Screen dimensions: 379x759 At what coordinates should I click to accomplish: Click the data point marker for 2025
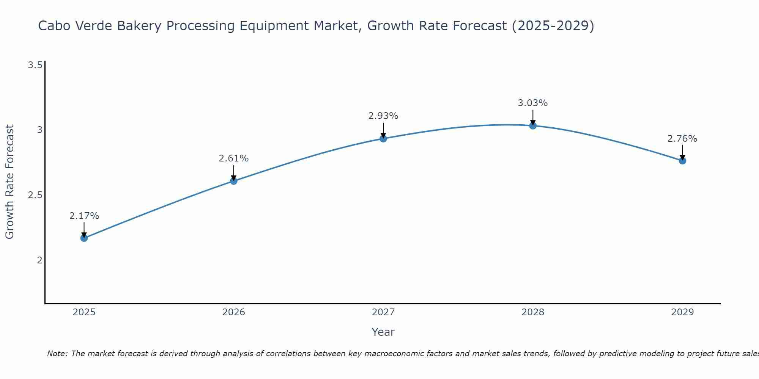pyautogui.click(x=84, y=238)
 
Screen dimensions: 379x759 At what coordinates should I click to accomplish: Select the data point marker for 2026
pyautogui.click(x=234, y=181)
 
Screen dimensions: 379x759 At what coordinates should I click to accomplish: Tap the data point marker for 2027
pyautogui.click(x=383, y=139)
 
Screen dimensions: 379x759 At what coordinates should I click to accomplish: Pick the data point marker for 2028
pyautogui.click(x=533, y=125)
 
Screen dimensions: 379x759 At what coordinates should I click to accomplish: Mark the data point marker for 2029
pyautogui.click(x=682, y=161)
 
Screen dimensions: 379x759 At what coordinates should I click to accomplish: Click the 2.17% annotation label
pyautogui.click(x=84, y=216)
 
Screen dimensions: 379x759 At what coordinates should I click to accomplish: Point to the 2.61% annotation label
pyautogui.click(x=234, y=158)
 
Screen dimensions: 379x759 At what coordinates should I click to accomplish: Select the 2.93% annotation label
pyautogui.click(x=383, y=116)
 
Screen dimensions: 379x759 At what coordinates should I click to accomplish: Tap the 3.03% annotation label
pyautogui.click(x=533, y=103)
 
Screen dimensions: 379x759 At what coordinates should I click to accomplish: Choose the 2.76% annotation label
pyautogui.click(x=682, y=139)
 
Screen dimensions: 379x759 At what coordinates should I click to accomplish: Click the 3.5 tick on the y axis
pyautogui.click(x=35, y=66)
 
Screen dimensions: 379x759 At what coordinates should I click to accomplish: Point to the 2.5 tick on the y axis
pyautogui.click(x=35, y=196)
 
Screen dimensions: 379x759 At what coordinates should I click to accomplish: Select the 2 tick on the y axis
pyautogui.click(x=39, y=260)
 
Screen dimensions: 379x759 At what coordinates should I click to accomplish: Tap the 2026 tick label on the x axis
pyautogui.click(x=234, y=312)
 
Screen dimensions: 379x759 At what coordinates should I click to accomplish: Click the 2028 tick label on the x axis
pyautogui.click(x=533, y=312)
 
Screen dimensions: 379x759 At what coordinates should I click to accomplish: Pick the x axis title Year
pyautogui.click(x=383, y=332)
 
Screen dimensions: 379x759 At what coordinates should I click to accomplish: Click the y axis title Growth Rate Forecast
pyautogui.click(x=9, y=182)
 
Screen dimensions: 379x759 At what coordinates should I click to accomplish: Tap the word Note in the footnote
pyautogui.click(x=57, y=354)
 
